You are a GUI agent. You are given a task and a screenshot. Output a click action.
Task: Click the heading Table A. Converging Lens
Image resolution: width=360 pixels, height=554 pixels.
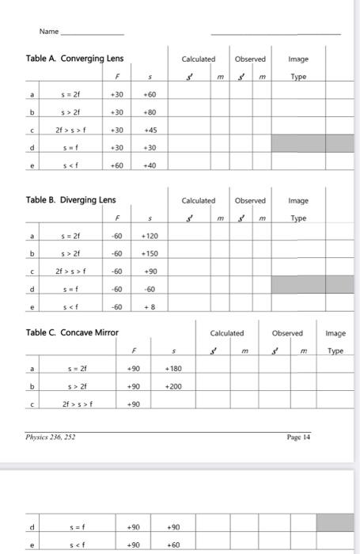74,59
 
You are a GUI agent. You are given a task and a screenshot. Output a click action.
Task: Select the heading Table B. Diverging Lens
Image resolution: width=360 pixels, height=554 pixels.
70,200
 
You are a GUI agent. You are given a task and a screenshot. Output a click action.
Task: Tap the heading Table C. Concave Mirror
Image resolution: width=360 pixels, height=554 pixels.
71,332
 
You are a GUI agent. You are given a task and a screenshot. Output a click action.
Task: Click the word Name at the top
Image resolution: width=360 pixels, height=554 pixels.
49,32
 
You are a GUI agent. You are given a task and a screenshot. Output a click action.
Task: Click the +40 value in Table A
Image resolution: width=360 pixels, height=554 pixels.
149,165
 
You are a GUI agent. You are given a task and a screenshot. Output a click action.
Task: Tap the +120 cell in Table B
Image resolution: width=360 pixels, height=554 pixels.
149,237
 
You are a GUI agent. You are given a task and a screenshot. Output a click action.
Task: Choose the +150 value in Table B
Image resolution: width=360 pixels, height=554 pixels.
149,254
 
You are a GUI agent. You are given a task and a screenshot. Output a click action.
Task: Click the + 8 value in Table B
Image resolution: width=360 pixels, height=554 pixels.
149,307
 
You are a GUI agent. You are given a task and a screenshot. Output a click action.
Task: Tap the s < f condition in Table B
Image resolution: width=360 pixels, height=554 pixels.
70,307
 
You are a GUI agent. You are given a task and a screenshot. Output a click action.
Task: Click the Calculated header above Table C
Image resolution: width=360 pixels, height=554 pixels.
228,333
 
